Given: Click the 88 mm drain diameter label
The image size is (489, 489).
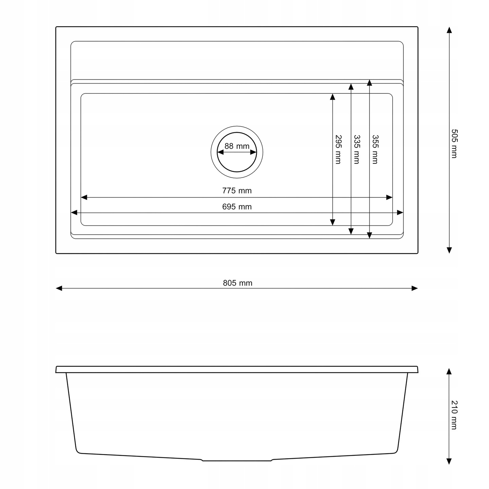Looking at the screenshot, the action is click(237, 146).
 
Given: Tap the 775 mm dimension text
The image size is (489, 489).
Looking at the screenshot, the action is click(237, 191).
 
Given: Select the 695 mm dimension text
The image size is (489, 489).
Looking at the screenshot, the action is click(237, 207).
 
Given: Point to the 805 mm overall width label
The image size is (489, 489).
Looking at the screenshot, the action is click(237, 283).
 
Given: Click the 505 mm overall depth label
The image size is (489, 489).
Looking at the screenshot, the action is click(454, 144).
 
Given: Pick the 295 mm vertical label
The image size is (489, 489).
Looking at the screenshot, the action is click(338, 149).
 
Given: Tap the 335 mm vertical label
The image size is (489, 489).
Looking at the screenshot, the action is click(357, 149).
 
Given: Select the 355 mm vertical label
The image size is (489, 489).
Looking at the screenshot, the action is click(375, 149).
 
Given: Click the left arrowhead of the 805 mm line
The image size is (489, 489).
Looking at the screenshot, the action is click(59, 288).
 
